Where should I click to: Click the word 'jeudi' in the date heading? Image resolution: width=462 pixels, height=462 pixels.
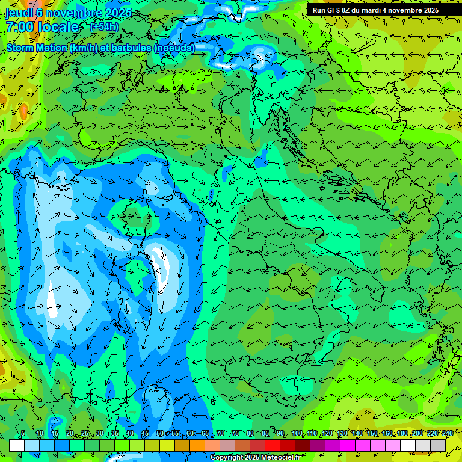click(19, 12)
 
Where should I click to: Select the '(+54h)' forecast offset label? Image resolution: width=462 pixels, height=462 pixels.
click(104, 26)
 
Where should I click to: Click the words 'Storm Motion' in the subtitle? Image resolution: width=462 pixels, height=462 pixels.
click(37, 48)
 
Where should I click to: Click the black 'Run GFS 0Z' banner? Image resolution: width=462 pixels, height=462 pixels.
click(375, 10)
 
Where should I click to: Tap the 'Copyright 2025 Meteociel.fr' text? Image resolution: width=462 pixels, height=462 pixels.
click(255, 457)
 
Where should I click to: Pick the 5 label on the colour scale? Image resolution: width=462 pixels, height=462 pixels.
click(23, 434)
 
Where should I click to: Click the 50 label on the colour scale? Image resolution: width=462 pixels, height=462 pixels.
click(159, 434)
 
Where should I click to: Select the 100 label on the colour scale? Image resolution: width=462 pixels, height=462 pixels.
click(297, 434)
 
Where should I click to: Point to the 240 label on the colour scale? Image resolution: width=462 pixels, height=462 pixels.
click(447, 434)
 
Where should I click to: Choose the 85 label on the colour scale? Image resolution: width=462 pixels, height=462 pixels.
click(265, 434)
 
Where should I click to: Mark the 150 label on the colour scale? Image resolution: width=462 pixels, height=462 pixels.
click(372, 434)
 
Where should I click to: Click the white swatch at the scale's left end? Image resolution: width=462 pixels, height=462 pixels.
click(17, 445)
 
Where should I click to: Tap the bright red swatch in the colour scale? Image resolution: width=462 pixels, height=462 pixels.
click(273, 445)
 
